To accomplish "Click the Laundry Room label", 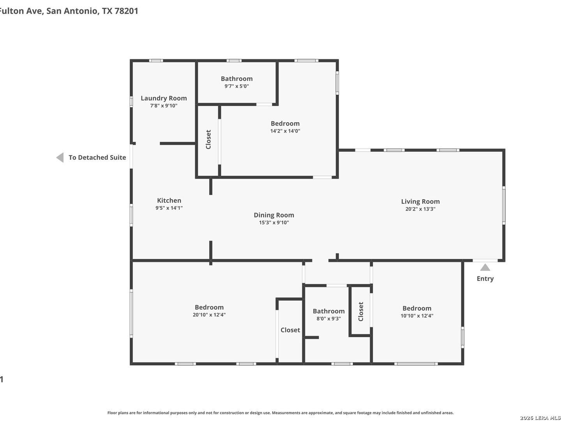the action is (164, 98).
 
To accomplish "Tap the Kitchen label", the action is (169, 200).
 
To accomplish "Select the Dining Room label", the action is (274, 215).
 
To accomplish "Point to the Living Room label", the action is (420, 202).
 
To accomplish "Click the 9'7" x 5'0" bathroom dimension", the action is (236, 86).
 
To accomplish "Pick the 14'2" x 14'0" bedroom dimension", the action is (285, 131).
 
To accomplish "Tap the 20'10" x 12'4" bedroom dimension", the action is (209, 315).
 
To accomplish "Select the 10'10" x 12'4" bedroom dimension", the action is (416, 316).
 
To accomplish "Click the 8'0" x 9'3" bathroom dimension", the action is (328, 318).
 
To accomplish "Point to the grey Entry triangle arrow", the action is (485, 268).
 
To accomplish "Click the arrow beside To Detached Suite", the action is (60, 157).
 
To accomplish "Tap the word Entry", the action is (485, 279).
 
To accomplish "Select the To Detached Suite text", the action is (97, 157).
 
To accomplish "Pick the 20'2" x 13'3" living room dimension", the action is (420, 209).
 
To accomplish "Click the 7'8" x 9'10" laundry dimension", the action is (164, 106).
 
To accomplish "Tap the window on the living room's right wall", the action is (503, 205).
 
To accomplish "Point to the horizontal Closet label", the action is (290, 330).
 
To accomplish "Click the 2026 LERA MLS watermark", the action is (540, 417).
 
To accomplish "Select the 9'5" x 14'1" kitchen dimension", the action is (169, 208).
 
